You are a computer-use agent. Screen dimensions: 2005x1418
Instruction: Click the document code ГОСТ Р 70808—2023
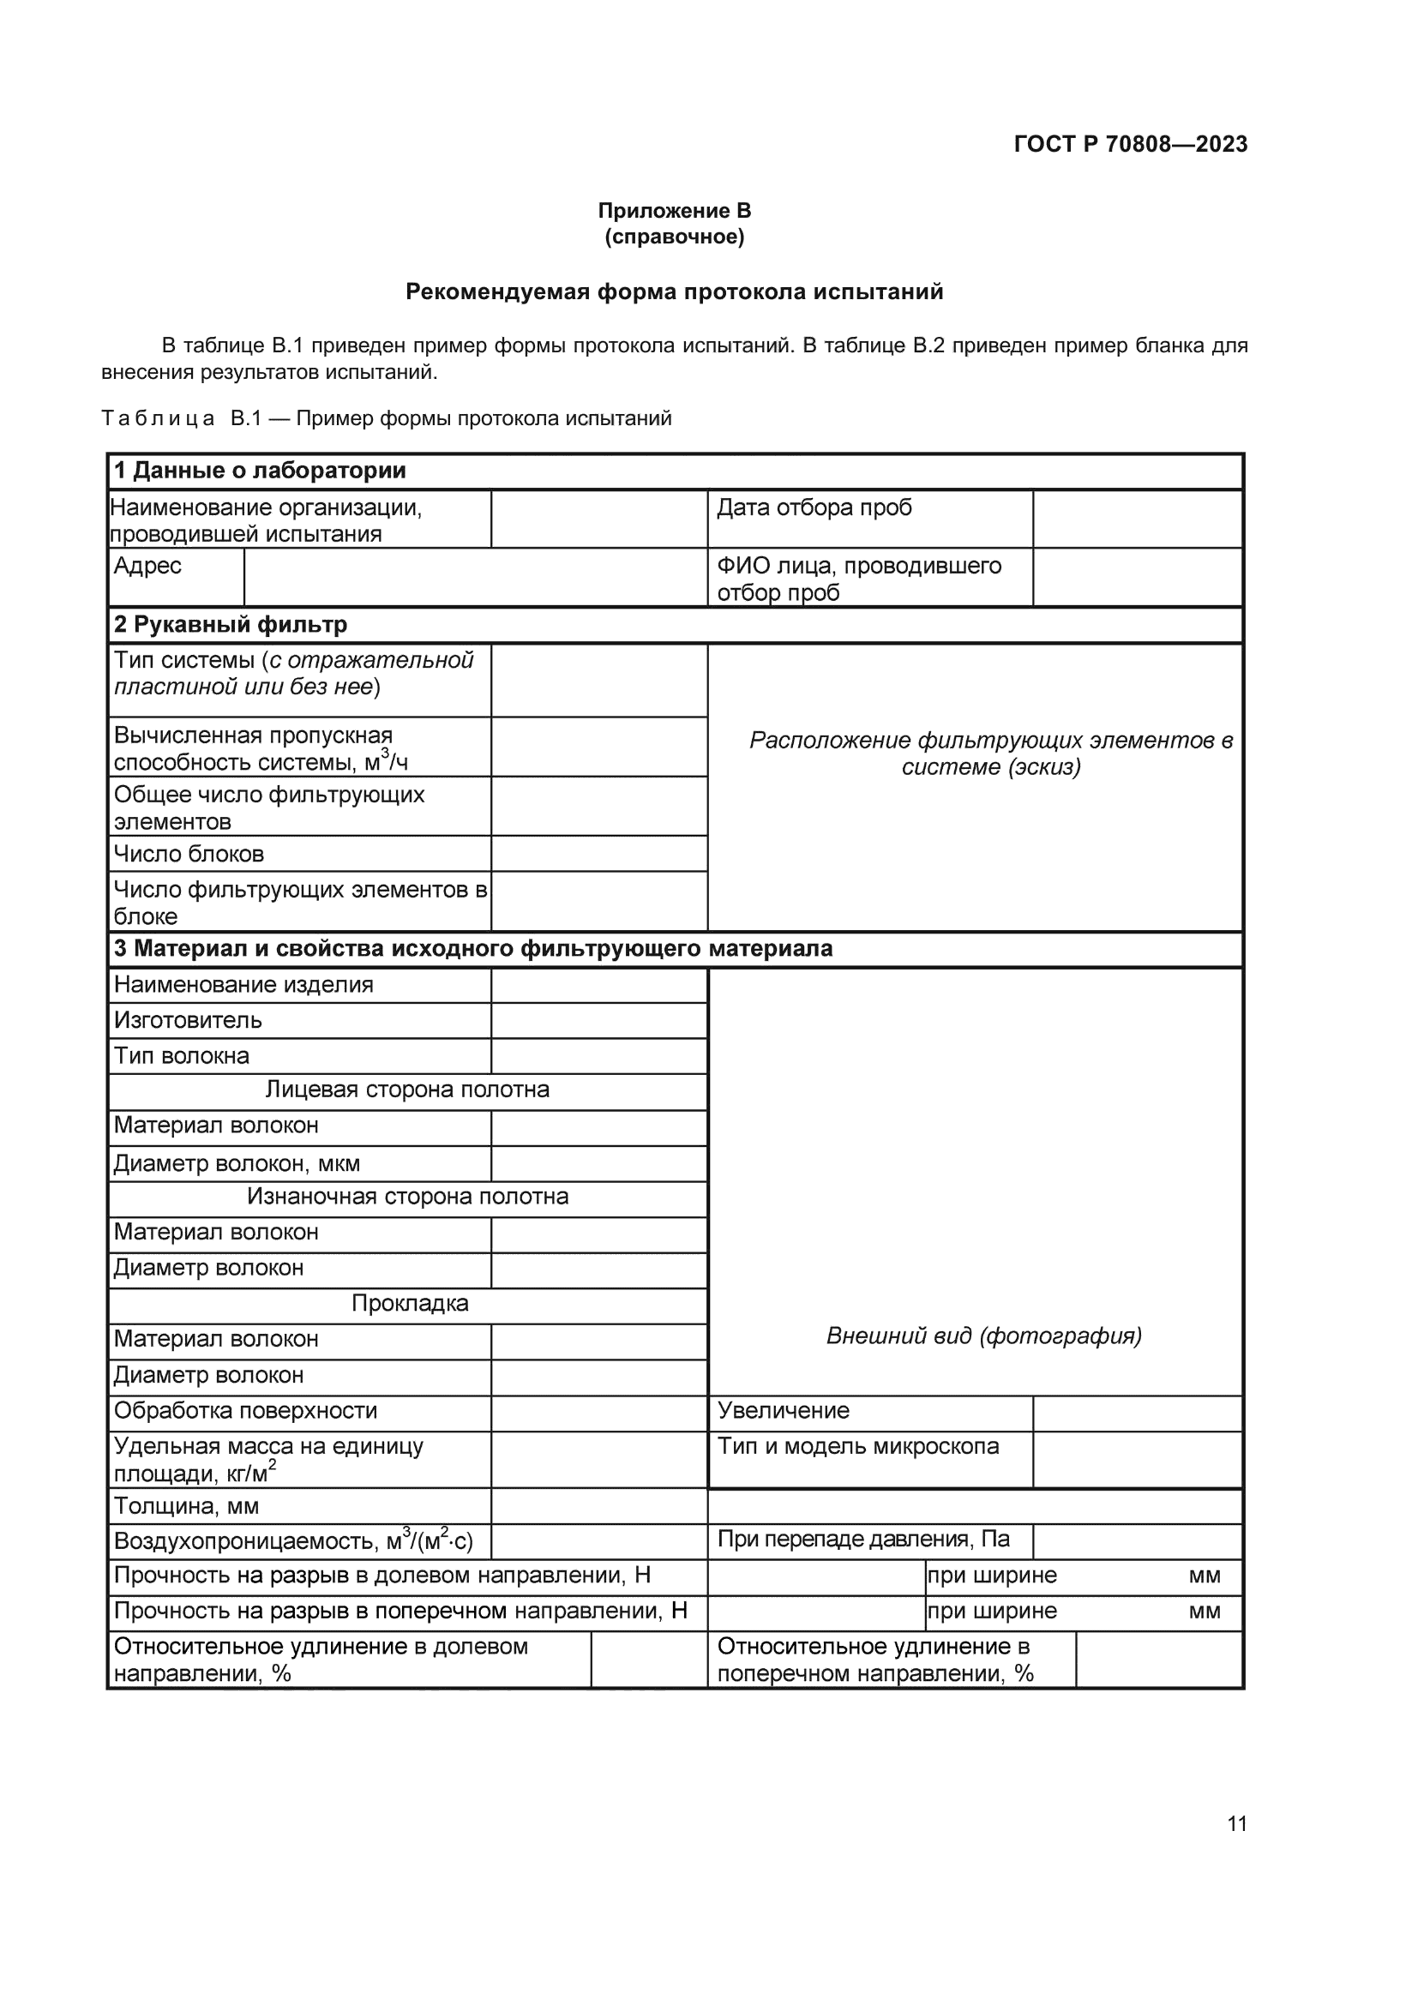point(1130,144)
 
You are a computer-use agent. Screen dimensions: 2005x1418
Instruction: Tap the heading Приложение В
point(674,211)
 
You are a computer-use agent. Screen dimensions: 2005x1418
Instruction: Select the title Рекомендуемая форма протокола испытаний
point(674,291)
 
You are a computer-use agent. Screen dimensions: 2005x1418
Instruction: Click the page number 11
point(1236,1823)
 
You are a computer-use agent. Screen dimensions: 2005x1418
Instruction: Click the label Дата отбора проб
point(814,507)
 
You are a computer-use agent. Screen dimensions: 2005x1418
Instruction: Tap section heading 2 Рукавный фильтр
point(231,624)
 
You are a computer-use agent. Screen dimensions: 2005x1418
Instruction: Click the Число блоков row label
point(189,853)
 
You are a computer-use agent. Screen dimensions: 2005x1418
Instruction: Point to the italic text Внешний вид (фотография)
point(983,1336)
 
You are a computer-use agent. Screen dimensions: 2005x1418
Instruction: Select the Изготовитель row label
point(188,1020)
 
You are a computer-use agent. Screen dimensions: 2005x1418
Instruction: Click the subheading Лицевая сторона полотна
point(407,1090)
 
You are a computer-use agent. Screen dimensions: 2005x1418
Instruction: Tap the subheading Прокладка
point(410,1303)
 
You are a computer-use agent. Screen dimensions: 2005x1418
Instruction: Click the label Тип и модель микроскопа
point(857,1446)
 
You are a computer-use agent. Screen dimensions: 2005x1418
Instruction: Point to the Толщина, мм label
point(186,1505)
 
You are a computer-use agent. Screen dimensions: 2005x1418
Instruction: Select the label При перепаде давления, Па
point(862,1539)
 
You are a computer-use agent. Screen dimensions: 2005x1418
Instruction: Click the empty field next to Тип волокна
point(598,1056)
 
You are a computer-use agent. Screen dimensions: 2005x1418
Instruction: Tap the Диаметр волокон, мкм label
point(237,1163)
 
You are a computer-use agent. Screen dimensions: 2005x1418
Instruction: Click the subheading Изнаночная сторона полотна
point(407,1197)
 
